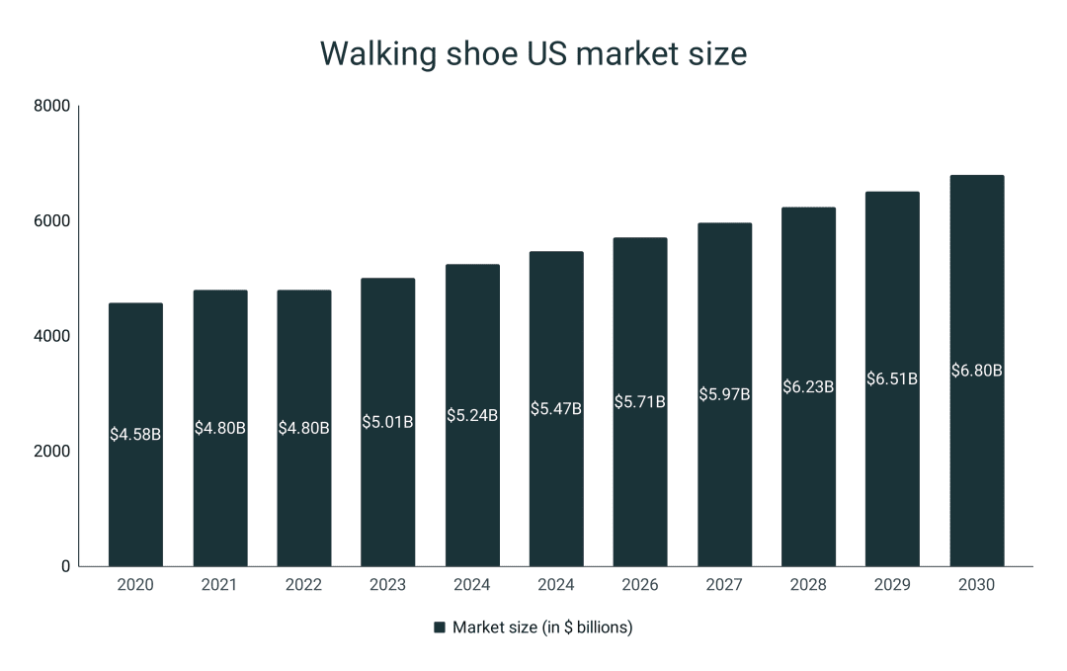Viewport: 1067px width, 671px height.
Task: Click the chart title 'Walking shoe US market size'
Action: click(x=533, y=54)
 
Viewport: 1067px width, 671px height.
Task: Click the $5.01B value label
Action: click(x=387, y=422)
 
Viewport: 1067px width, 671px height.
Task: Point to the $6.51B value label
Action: click(x=892, y=378)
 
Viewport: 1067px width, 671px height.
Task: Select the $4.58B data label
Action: click(x=135, y=433)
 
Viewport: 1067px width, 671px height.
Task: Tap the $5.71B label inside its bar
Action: click(x=640, y=402)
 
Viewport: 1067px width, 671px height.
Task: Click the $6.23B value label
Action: click(x=808, y=386)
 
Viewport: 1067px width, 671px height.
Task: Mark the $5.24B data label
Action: click(x=472, y=415)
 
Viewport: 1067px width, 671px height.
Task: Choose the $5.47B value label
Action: click(x=556, y=408)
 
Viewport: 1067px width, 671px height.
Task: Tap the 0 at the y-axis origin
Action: click(x=65, y=566)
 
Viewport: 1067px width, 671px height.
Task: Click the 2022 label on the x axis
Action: click(x=303, y=585)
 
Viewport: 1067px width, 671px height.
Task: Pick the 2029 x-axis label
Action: click(x=892, y=585)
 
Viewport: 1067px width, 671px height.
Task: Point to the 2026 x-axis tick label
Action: click(x=640, y=585)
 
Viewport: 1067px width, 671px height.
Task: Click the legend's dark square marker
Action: click(x=440, y=628)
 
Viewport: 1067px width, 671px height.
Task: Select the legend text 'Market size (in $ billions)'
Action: click(x=542, y=628)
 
